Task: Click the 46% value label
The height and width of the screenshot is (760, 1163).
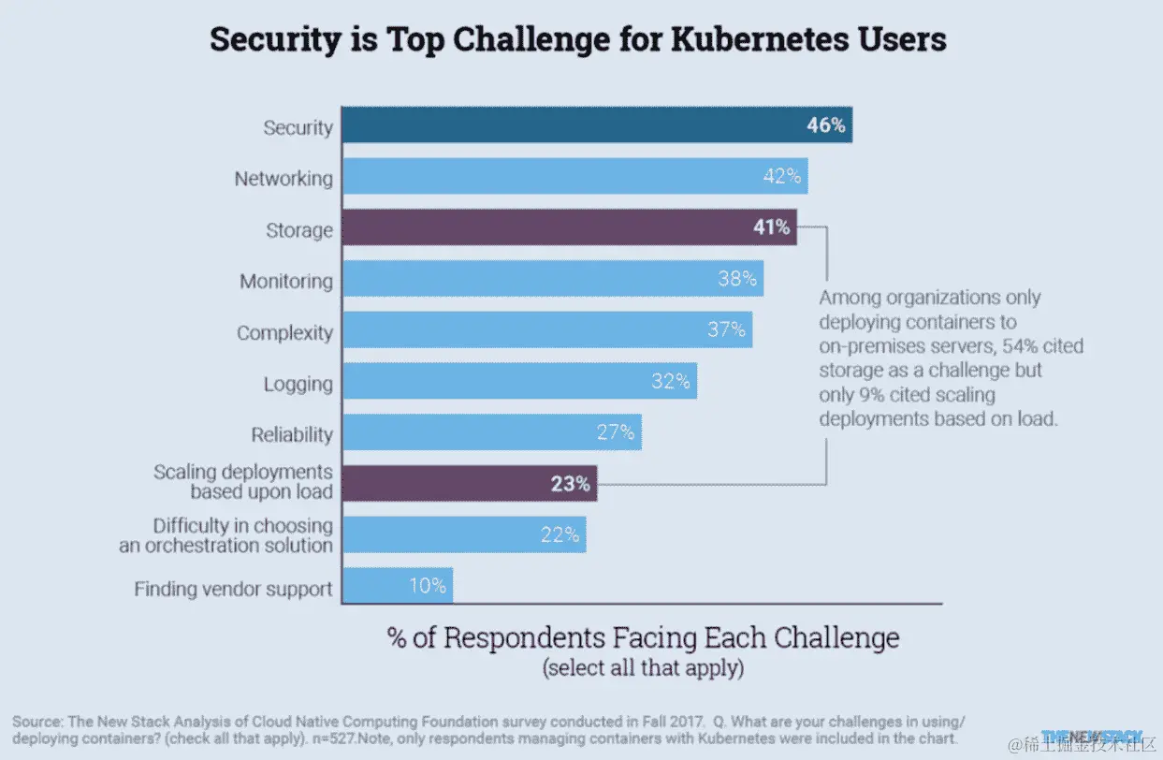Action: [825, 125]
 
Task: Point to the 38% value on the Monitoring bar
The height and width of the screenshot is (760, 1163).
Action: [737, 279]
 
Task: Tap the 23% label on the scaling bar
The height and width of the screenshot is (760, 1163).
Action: [571, 484]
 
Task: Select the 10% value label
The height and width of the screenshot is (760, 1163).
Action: [428, 587]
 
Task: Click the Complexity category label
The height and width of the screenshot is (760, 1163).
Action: [284, 332]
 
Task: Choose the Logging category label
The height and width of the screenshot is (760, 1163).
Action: [298, 384]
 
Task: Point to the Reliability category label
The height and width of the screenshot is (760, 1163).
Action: [291, 434]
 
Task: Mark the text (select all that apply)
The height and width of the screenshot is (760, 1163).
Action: [643, 668]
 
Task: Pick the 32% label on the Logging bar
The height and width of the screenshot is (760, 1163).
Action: [671, 381]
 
